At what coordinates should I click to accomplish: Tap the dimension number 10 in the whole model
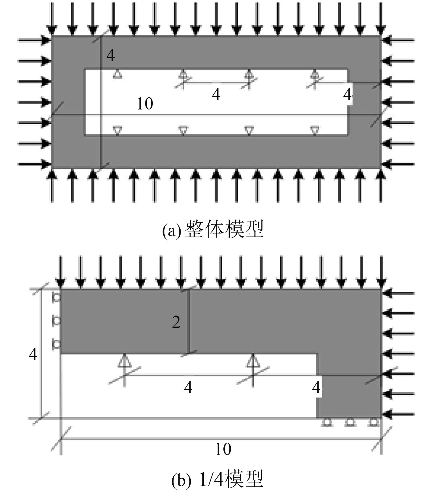tap(145, 104)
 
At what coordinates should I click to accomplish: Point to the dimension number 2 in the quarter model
tap(176, 322)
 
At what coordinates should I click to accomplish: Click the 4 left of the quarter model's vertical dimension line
tap(33, 355)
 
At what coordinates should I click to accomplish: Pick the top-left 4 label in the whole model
tap(111, 56)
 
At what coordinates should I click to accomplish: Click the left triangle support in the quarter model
tap(124, 361)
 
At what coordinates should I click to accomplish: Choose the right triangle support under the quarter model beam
tap(253, 361)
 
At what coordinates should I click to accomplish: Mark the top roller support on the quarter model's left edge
tap(57, 297)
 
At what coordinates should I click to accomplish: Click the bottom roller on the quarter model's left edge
tap(57, 344)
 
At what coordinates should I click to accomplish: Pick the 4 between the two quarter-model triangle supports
tap(188, 388)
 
